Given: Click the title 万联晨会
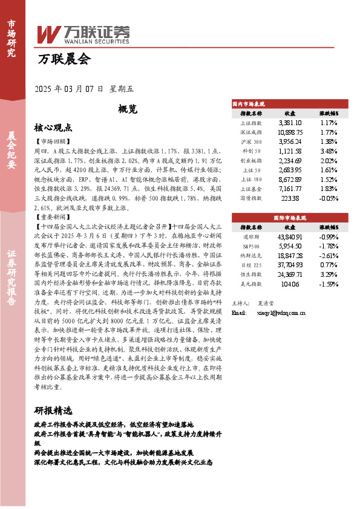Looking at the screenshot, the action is [x=64, y=59].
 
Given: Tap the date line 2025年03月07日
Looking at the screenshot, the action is [x=70, y=89].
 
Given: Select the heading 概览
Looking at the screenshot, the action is [x=128, y=109].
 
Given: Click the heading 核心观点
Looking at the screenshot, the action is [x=53, y=128].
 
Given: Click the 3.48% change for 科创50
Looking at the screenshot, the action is [x=329, y=151].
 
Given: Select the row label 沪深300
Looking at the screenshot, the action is [x=250, y=141].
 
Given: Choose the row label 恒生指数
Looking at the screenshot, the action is [x=250, y=274].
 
